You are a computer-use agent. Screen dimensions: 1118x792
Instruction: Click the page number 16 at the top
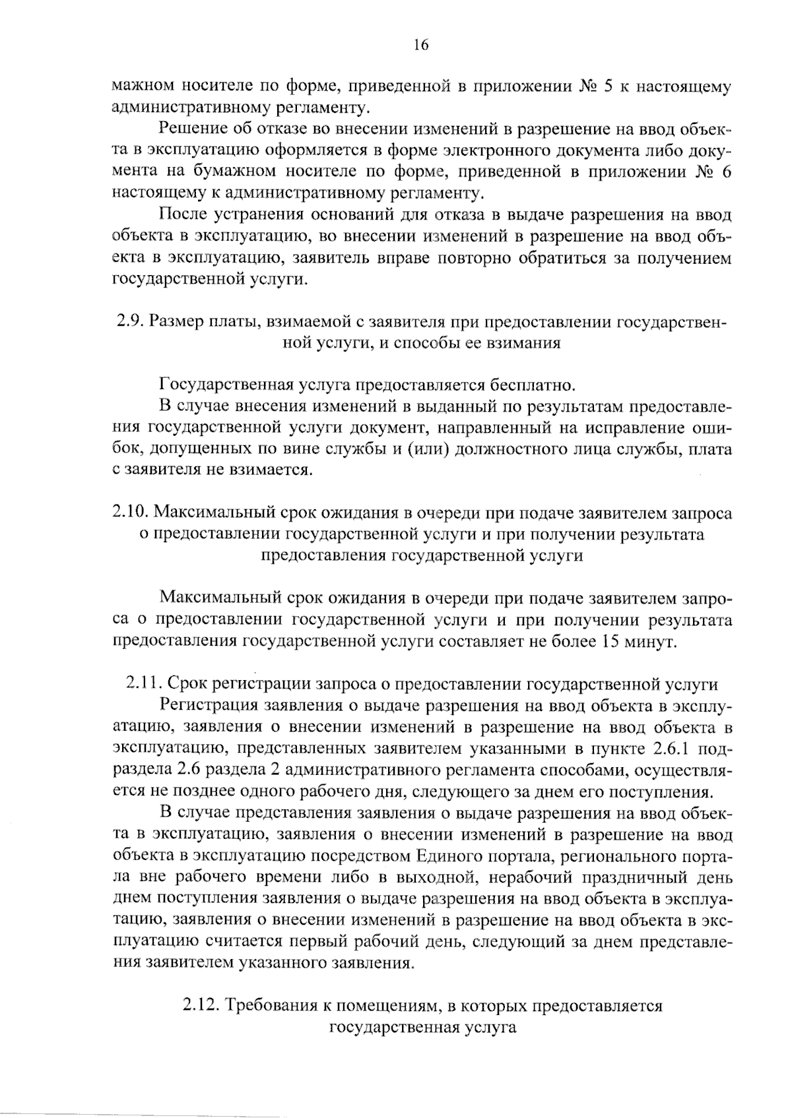click(x=421, y=45)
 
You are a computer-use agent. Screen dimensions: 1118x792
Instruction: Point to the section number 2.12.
click(x=200, y=1007)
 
